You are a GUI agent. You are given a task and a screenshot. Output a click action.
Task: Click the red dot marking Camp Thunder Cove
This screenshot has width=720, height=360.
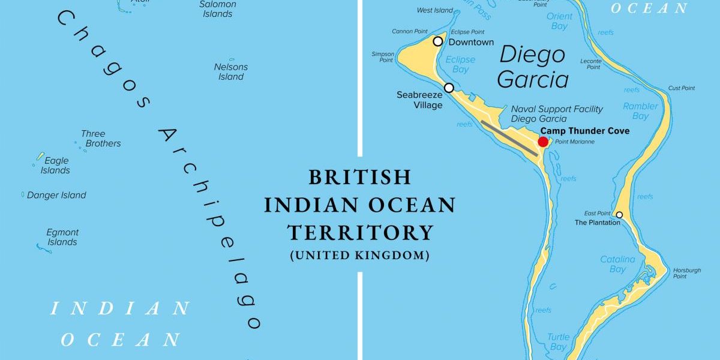543,142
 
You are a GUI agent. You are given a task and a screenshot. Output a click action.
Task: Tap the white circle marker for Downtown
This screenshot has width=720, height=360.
438,41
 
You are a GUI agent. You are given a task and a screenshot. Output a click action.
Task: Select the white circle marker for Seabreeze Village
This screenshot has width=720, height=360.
449,88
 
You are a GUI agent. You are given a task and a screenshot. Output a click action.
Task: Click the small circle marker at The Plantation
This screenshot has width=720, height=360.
619,215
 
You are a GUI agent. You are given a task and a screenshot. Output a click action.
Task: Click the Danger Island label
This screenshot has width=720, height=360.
56,195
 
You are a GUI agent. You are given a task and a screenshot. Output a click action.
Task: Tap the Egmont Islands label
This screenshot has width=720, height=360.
62,237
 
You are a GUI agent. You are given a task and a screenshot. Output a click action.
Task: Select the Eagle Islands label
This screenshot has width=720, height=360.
55,165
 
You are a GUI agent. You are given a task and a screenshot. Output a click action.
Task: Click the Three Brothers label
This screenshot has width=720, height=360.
97,139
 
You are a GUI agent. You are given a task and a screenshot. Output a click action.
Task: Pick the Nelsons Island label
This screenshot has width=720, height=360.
231,71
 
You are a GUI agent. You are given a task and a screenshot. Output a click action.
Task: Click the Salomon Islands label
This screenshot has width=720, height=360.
217,9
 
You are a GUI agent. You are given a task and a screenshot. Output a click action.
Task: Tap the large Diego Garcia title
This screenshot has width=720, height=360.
533,67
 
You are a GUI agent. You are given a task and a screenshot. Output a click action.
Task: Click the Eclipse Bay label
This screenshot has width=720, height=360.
460,64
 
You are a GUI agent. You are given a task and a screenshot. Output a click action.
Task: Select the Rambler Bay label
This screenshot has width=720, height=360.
640,111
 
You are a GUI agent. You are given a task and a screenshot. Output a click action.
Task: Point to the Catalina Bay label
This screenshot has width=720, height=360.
617,264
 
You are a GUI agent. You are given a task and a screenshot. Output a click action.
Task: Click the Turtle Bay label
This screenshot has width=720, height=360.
558,342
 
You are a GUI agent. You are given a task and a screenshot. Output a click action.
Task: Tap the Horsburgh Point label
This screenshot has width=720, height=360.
686,273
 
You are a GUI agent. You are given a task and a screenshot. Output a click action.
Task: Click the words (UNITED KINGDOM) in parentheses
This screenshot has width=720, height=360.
360,256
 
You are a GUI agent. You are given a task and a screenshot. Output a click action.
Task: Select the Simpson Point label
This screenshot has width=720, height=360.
383,57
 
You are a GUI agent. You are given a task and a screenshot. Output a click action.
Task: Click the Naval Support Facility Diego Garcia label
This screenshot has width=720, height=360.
557,113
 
